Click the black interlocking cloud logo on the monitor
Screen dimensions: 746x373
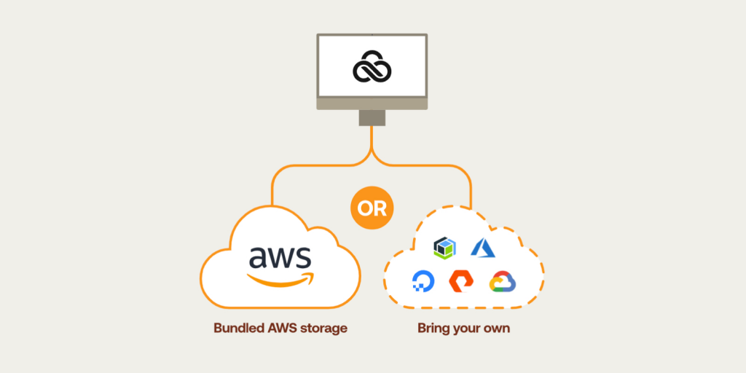pos(372,70)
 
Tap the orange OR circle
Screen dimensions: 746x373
pos(372,208)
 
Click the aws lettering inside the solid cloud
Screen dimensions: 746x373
pos(280,257)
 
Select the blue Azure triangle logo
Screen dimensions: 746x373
pos(483,248)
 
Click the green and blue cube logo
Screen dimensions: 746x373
pos(445,248)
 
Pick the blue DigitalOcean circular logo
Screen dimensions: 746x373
pos(423,281)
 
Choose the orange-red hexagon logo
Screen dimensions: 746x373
pos(461,281)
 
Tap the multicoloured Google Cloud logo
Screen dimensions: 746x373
pos(503,282)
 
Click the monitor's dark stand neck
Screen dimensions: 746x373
pos(372,117)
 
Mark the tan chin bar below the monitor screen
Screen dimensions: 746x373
pos(372,103)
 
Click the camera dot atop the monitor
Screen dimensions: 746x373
pos(372,34)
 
